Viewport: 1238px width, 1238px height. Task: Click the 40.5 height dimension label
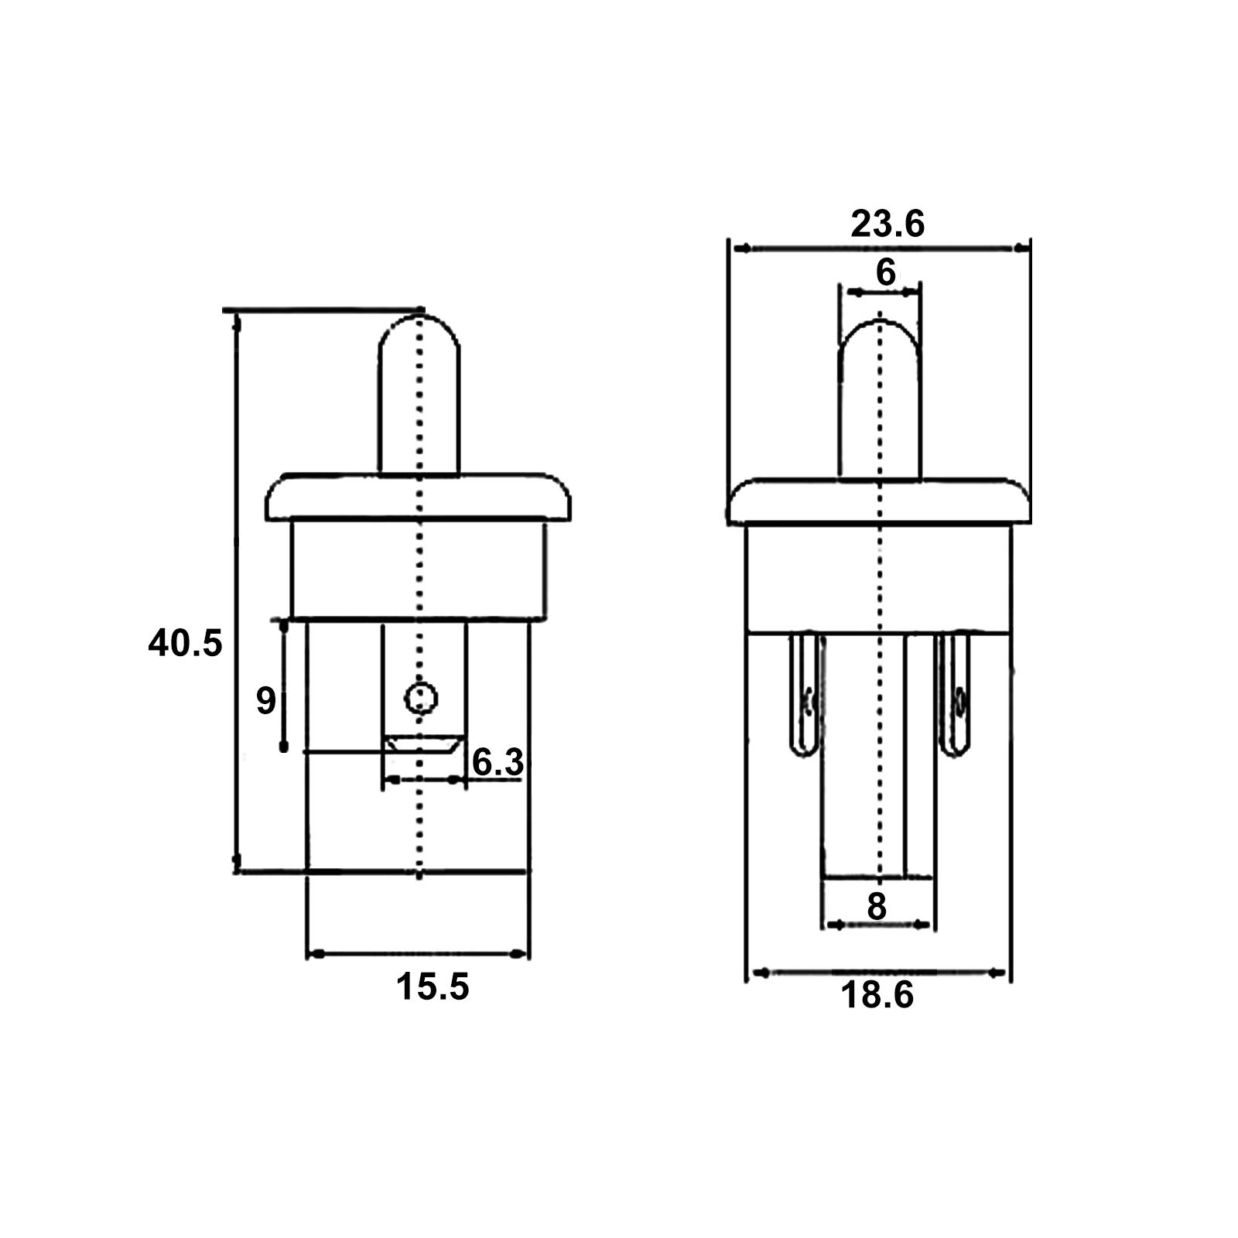pyautogui.click(x=185, y=644)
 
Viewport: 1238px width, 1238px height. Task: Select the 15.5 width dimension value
pyautogui.click(x=433, y=987)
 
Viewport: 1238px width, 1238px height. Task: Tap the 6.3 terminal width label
pyautogui.click(x=498, y=763)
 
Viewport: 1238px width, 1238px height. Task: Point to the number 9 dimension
pyautogui.click(x=265, y=701)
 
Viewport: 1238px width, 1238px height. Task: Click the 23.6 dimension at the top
pyautogui.click(x=887, y=224)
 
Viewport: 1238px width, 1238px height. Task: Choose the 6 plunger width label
pyautogui.click(x=885, y=272)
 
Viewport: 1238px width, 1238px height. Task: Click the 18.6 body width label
pyautogui.click(x=877, y=995)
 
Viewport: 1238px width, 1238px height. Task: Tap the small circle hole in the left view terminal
pyautogui.click(x=421, y=698)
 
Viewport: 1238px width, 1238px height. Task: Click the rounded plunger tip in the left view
pyautogui.click(x=419, y=340)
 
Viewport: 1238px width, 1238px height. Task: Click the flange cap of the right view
pyautogui.click(x=880, y=503)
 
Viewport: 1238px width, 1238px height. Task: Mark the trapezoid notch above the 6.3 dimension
pyautogui.click(x=423, y=744)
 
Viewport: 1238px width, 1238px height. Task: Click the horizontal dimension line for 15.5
pyautogui.click(x=419, y=954)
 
